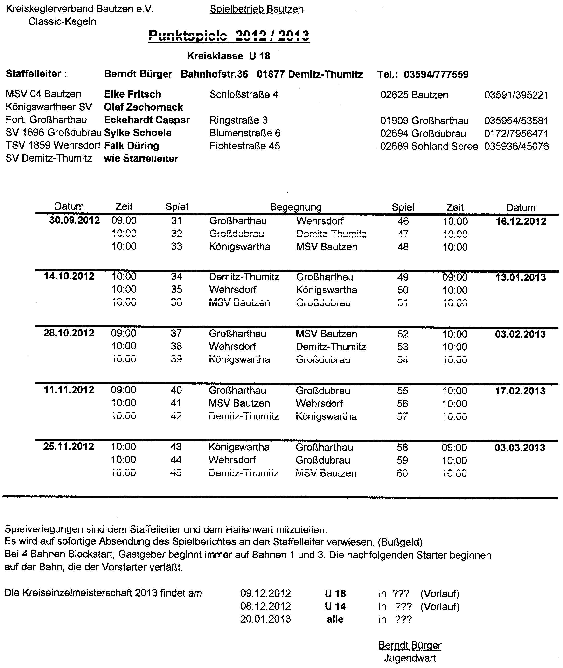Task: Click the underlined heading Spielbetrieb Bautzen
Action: coord(256,9)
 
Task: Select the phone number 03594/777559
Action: coord(436,74)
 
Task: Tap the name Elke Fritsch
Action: coord(132,94)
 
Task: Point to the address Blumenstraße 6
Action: coord(245,133)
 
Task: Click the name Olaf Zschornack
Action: coord(143,107)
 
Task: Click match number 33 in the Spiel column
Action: coord(176,246)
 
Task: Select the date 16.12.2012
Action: coord(521,221)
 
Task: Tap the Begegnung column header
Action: coord(296,207)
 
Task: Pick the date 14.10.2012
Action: coord(69,276)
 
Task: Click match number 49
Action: coord(403,277)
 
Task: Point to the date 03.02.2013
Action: coord(520,334)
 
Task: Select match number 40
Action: coord(176,390)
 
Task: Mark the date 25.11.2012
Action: coord(69,447)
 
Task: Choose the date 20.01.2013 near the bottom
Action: coord(265,619)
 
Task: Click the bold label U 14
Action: coord(335,606)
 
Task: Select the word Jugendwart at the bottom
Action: coord(410,658)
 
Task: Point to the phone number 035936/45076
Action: coord(516,146)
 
